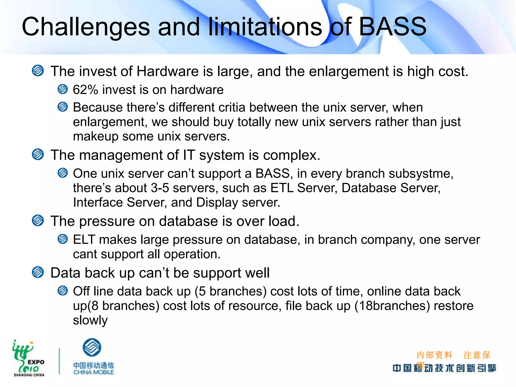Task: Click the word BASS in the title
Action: coord(392,27)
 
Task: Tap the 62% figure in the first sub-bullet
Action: coord(85,90)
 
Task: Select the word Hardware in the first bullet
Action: coord(167,71)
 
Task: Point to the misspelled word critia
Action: coord(232,108)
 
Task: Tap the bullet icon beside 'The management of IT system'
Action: coord(38,154)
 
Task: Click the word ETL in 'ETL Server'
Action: coord(282,188)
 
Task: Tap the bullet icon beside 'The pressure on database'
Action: coord(38,221)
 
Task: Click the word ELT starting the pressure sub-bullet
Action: coord(84,240)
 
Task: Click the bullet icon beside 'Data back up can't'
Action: coord(38,272)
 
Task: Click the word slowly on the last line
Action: coord(90,320)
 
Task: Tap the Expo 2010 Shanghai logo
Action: coord(28,358)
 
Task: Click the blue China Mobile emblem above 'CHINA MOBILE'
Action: coord(92,347)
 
